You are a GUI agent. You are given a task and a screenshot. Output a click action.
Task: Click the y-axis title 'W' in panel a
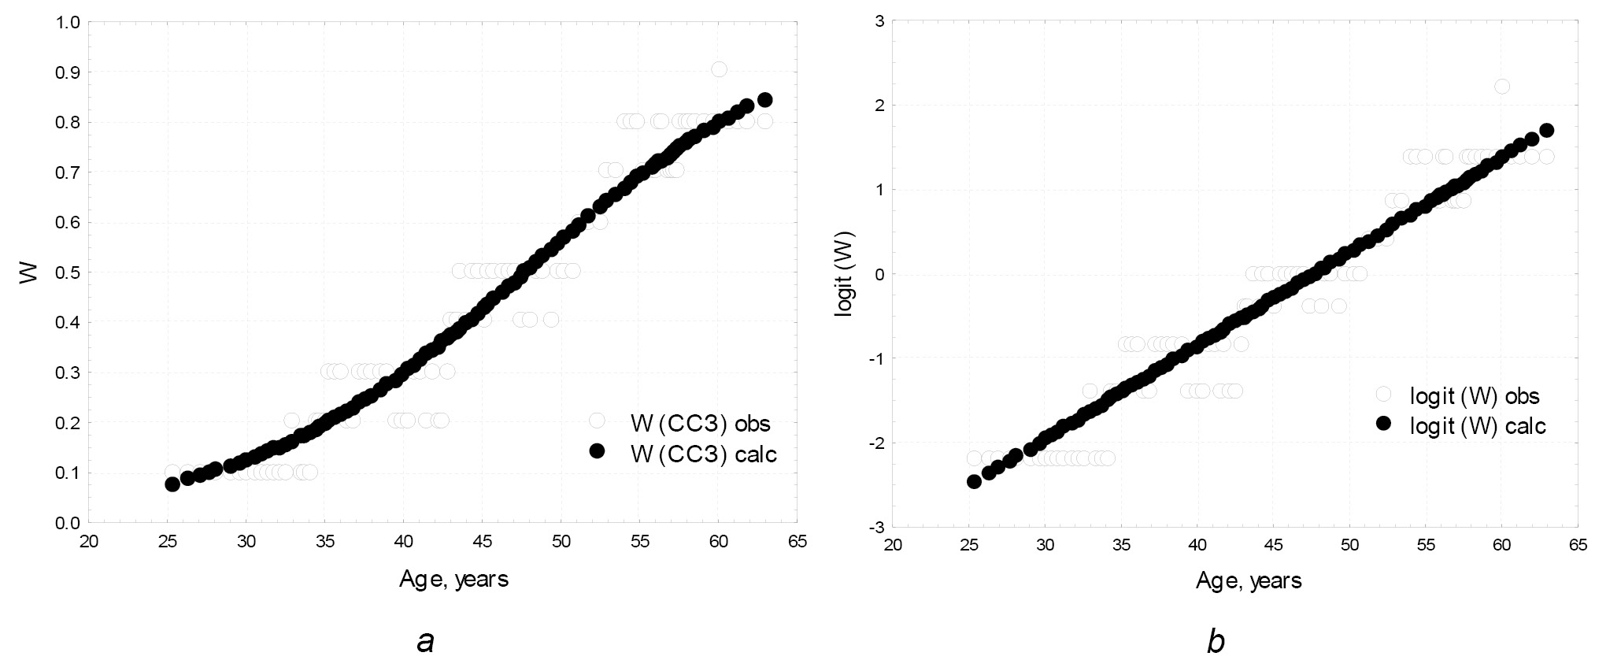tap(28, 273)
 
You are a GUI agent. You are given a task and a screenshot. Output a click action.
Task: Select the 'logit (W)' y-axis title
tap(844, 273)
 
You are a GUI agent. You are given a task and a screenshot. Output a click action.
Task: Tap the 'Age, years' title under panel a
tap(453, 580)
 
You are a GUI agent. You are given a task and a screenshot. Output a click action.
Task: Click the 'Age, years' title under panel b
tap(1249, 581)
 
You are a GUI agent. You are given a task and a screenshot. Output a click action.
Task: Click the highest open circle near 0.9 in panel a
tap(719, 69)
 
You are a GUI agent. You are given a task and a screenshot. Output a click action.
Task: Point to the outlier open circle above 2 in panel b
tap(1501, 86)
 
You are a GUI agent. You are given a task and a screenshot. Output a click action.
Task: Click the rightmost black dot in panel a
tap(764, 100)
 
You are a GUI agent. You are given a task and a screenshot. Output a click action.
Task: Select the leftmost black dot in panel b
tap(974, 481)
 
